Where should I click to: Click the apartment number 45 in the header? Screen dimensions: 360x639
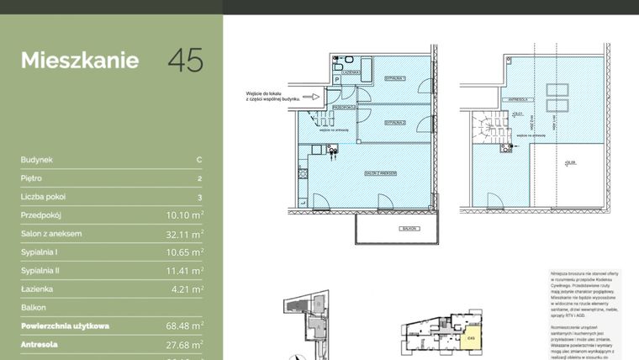pos(186,61)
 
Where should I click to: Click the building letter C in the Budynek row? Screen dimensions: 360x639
pos(198,160)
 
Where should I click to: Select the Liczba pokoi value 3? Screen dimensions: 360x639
pos(199,197)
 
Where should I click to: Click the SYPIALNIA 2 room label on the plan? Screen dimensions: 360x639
pos(394,123)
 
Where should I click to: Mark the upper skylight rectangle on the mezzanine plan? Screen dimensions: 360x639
pos(556,89)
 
